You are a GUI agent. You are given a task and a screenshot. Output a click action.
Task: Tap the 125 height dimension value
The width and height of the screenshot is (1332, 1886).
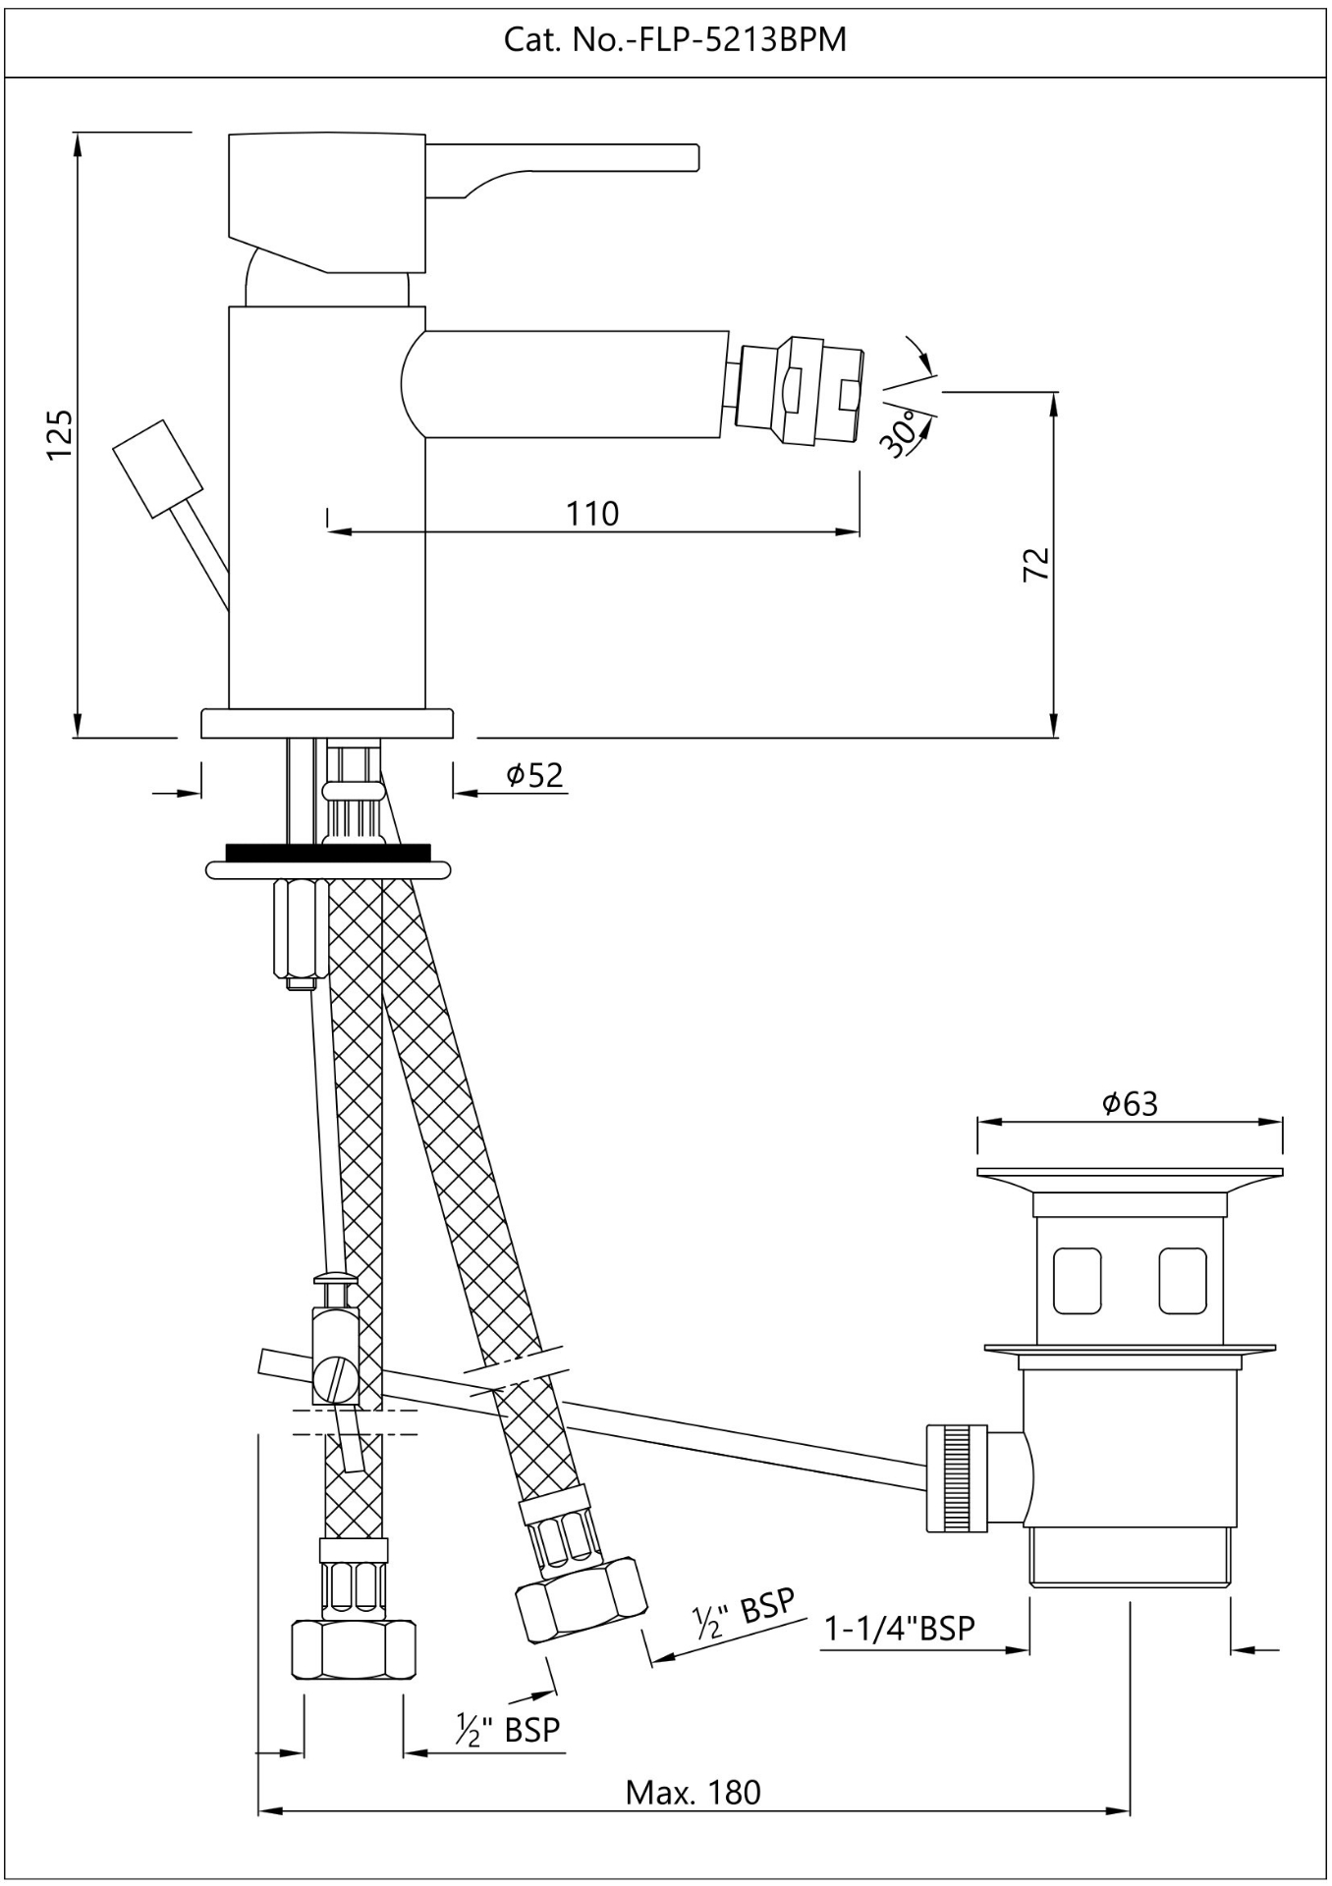(58, 433)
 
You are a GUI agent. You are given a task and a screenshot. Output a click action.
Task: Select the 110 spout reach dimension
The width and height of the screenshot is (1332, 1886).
(592, 513)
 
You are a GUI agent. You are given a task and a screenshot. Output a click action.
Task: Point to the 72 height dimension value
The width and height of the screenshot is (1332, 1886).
(1036, 564)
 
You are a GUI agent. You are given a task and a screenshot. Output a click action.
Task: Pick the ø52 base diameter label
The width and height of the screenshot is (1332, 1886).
(535, 775)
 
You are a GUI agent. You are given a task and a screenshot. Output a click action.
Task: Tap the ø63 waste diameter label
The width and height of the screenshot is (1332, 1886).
(1130, 1103)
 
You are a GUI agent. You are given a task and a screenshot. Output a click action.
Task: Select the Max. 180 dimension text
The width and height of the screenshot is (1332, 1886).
(693, 1793)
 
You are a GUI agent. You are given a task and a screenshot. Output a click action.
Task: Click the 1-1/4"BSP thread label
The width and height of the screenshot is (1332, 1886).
(899, 1628)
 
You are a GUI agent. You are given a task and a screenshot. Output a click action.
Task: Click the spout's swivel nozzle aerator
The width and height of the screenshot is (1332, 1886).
(801, 390)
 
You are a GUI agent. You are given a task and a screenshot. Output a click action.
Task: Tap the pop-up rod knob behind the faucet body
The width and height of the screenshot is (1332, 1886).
(157, 469)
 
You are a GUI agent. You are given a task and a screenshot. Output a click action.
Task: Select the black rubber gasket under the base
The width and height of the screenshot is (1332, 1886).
(328, 851)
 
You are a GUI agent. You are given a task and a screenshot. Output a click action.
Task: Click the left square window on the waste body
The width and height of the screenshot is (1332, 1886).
(1077, 1280)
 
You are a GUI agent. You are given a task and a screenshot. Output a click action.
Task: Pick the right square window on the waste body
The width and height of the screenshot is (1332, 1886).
(1182, 1280)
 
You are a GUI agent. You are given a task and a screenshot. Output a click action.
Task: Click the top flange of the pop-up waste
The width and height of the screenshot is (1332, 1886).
(1130, 1173)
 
